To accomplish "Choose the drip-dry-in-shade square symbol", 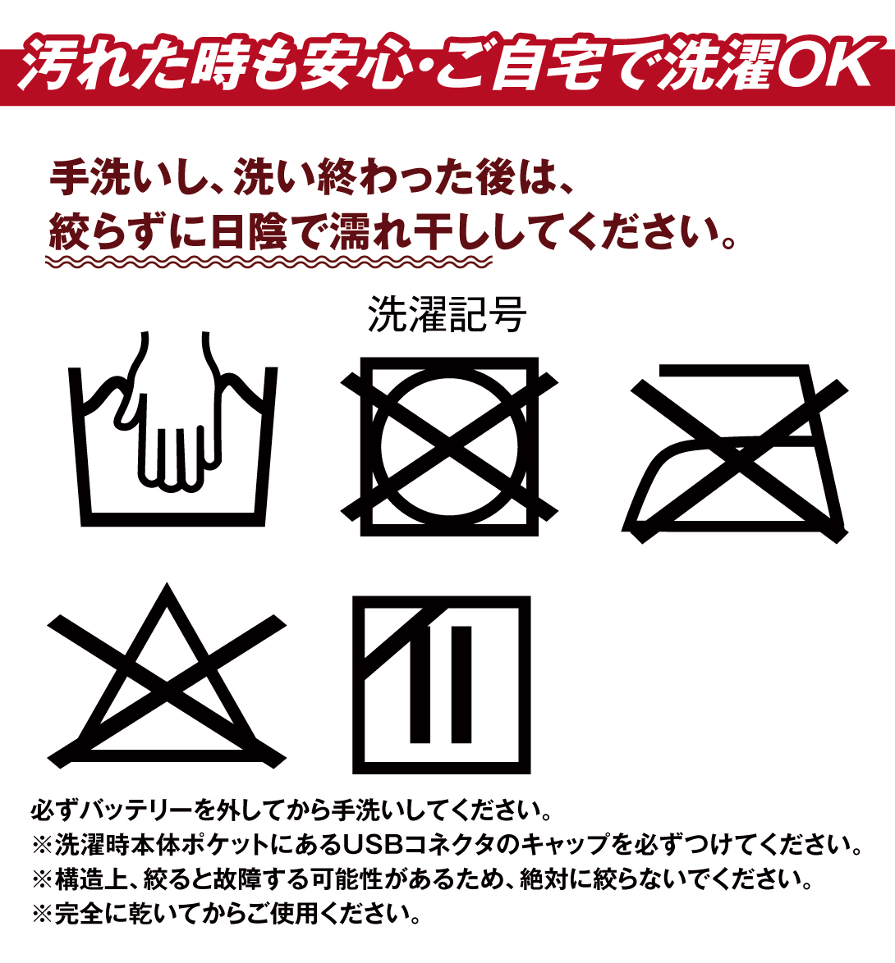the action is click(x=442, y=685).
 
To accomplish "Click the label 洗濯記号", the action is click(x=447, y=314).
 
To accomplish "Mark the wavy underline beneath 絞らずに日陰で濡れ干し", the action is click(x=268, y=262).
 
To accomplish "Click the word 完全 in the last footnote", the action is click(x=78, y=913).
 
